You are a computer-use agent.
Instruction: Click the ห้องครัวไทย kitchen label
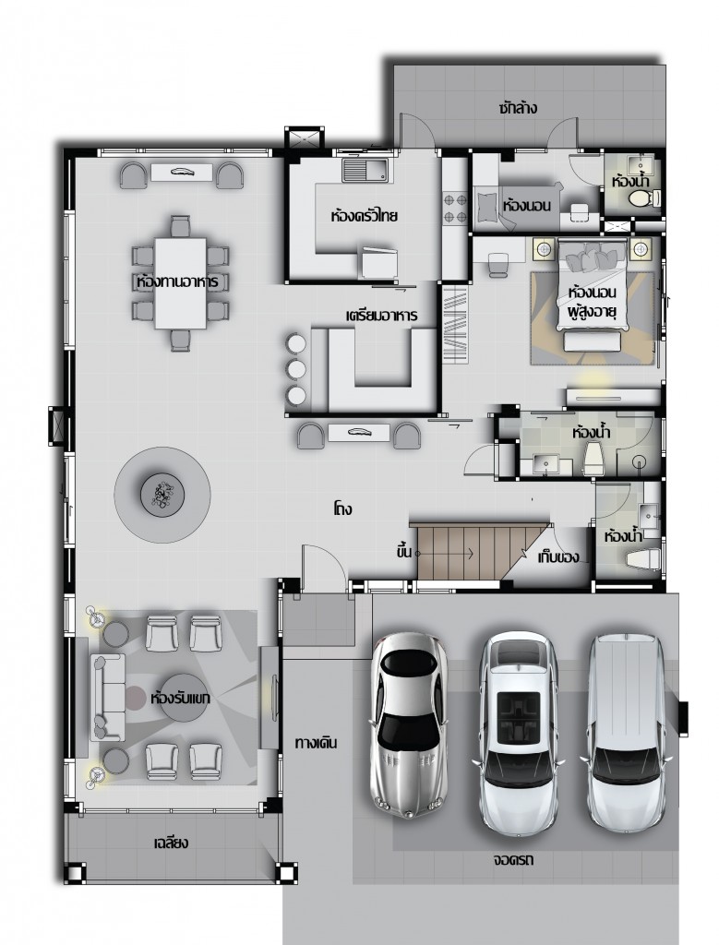coord(364,214)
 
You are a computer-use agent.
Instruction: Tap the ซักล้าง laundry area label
coord(518,108)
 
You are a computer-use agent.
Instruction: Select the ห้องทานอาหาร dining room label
coord(177,281)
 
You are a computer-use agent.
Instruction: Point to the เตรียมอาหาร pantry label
coord(381,316)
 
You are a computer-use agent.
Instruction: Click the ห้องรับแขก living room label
coord(180,698)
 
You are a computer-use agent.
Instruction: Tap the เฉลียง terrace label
coord(171,842)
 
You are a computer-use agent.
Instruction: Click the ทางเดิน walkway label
coord(316,743)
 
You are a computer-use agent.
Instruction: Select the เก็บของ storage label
coord(558,556)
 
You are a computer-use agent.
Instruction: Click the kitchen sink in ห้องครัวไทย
coord(365,170)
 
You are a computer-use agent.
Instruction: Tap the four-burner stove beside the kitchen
coord(456,208)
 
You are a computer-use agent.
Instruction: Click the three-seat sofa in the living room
coord(108,698)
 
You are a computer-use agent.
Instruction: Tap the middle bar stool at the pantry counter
coord(296,369)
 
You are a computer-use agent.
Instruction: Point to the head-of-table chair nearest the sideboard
coord(180,226)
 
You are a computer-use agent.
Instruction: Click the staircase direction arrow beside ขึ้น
coord(446,553)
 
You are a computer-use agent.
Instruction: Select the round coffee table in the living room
coord(184,698)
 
